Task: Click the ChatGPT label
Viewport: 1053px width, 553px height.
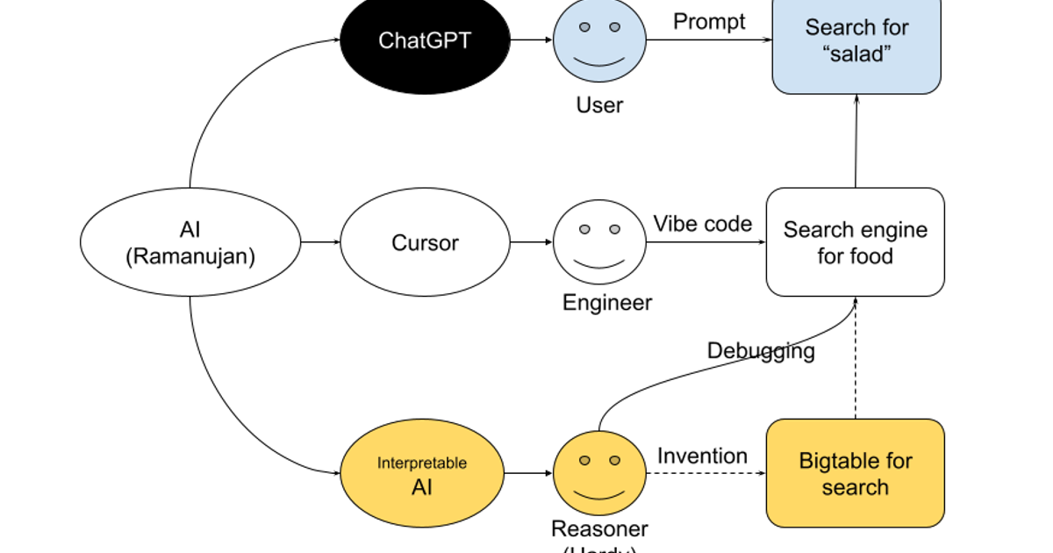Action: [x=424, y=40]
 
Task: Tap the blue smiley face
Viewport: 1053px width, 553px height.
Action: [x=599, y=39]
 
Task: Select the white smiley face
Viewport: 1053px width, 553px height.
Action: [x=599, y=241]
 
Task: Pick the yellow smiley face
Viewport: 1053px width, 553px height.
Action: [x=599, y=473]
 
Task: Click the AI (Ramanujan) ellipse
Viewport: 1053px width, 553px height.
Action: [x=190, y=242]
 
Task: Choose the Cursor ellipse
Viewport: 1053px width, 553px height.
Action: [x=425, y=242]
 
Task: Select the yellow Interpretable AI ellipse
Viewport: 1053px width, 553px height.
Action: [x=422, y=474]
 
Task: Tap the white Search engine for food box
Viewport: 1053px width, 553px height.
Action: [x=856, y=242]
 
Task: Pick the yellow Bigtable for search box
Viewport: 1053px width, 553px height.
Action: [x=856, y=474]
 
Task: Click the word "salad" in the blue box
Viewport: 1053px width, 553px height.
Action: [x=856, y=54]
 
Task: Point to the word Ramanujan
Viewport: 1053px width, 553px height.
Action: [x=190, y=256]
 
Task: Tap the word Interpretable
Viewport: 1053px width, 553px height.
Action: [x=422, y=463]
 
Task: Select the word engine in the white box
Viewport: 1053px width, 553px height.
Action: [x=893, y=230]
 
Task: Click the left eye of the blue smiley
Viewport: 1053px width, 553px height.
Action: [x=584, y=27]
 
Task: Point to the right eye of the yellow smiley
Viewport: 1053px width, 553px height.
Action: [x=614, y=460]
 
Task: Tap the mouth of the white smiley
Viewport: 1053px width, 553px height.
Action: [x=599, y=264]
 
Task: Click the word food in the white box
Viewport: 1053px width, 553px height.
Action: [x=872, y=256]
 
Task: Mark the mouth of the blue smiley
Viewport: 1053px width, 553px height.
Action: [x=599, y=62]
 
